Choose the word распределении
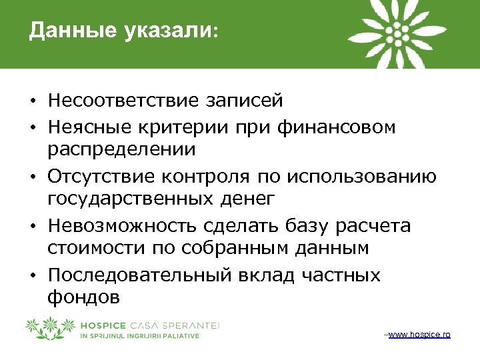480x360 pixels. [121, 149]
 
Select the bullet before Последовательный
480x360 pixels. [32, 276]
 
